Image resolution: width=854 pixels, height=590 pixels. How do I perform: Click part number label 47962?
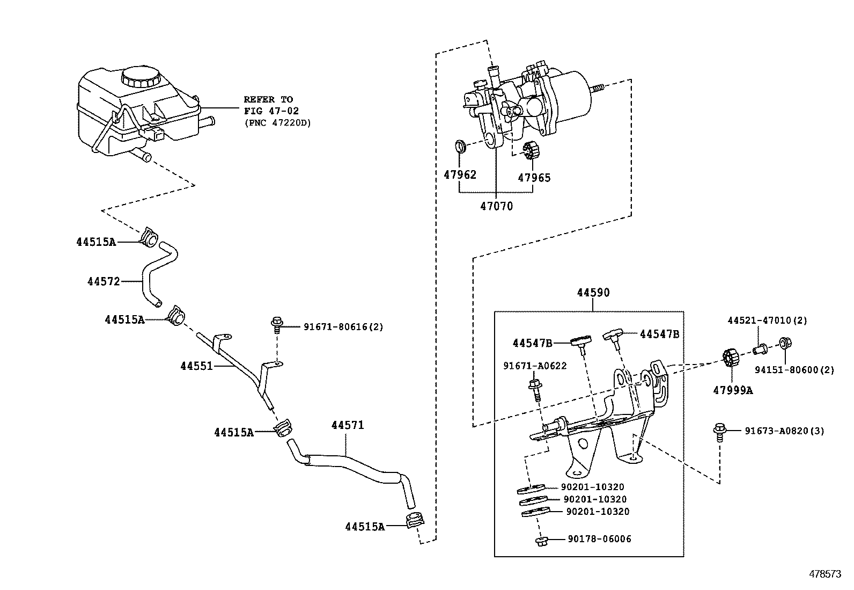pos(460,174)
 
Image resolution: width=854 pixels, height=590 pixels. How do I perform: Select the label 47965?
pos(534,178)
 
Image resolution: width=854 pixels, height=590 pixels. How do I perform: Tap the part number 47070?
pos(496,206)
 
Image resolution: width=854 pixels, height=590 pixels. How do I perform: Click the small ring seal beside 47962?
pos(460,147)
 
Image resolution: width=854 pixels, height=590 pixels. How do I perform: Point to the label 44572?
pos(104,281)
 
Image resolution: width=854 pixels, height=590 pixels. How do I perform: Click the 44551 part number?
pos(196,366)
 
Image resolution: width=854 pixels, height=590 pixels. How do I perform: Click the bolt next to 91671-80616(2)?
pos(277,324)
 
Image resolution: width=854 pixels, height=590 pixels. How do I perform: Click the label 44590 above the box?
pos(593,293)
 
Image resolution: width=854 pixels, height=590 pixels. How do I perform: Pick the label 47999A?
pos(732,390)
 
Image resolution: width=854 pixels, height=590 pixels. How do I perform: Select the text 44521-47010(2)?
pos(767,321)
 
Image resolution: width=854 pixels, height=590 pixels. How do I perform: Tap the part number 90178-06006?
pos(599,538)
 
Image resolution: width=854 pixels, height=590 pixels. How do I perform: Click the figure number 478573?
pos(825,574)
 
